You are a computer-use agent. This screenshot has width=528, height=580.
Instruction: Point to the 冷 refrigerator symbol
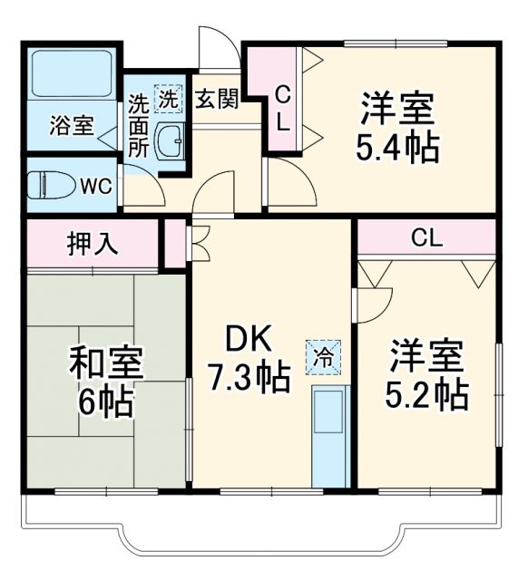tap(324, 353)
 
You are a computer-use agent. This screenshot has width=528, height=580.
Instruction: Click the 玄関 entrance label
tap(217, 98)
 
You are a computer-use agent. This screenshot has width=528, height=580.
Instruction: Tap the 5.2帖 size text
tap(427, 393)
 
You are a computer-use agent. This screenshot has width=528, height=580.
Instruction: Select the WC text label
tap(96, 187)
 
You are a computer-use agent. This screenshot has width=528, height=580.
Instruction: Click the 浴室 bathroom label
tap(72, 125)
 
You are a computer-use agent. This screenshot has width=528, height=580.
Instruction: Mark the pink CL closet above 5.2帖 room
tap(425, 238)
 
